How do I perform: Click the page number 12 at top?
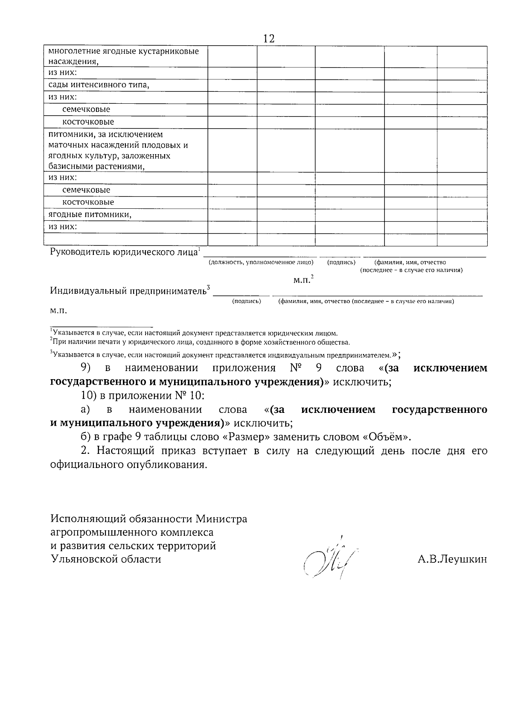(x=269, y=38)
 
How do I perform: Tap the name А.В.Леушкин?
(x=452, y=559)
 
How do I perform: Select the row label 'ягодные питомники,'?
(x=90, y=215)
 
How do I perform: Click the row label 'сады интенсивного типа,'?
(x=99, y=85)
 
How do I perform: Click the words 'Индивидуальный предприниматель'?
(x=128, y=291)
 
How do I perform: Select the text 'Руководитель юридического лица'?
(x=124, y=251)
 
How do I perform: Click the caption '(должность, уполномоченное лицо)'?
(x=261, y=262)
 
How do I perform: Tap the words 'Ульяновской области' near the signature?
(x=106, y=559)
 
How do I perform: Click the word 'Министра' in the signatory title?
(x=221, y=519)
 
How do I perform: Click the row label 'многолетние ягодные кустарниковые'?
(x=124, y=52)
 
